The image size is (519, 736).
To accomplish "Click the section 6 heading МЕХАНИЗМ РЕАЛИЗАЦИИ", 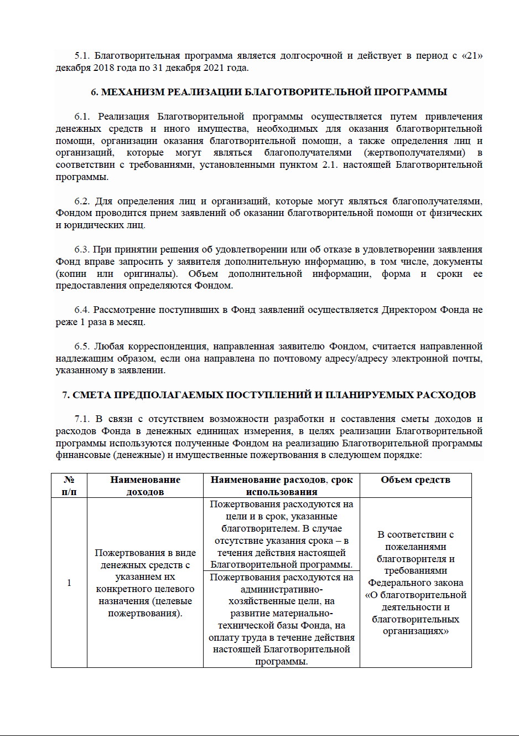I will click(x=269, y=92).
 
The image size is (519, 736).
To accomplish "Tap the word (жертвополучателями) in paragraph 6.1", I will click(x=414, y=153).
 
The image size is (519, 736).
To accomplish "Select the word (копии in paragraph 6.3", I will click(x=71, y=274).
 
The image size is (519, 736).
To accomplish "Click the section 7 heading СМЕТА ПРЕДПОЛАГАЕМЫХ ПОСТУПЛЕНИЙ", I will click(x=269, y=395).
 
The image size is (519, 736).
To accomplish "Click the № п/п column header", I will click(x=69, y=486).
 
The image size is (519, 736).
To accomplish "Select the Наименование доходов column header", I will click(x=145, y=486).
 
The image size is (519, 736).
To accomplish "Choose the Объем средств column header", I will click(x=416, y=480).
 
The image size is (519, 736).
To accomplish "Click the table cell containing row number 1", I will click(x=69, y=583).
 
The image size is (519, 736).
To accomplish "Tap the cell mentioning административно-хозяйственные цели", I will click(x=281, y=619).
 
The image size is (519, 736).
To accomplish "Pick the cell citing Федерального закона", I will click(x=416, y=583).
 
